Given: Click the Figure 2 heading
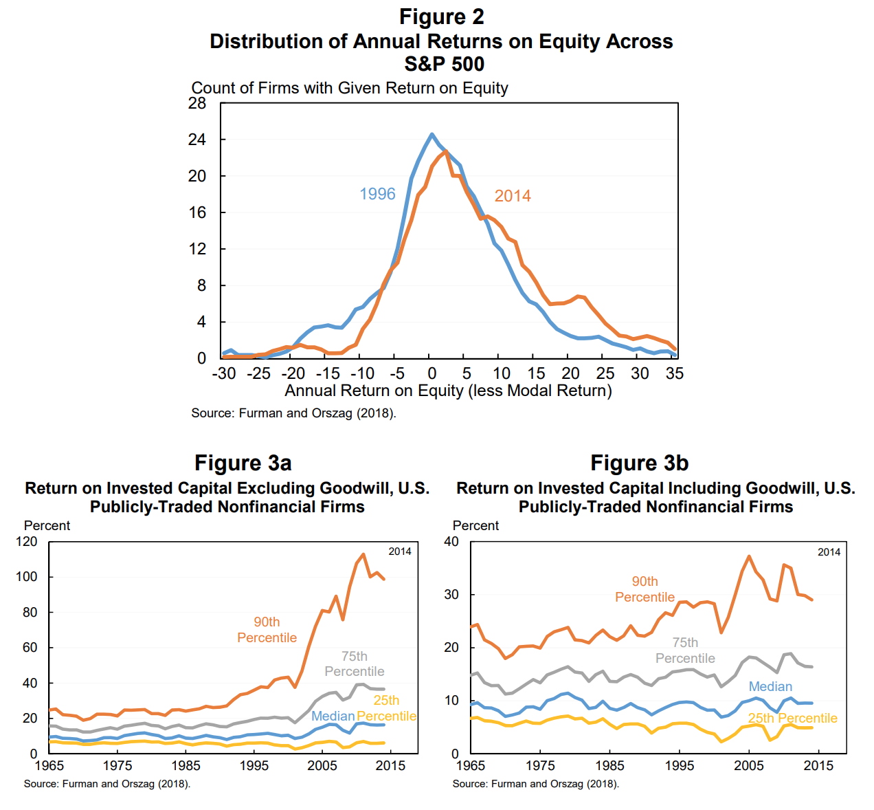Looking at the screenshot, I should coord(441,17).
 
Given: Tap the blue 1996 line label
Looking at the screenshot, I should coord(377,194).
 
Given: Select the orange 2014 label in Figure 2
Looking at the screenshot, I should coord(513,196).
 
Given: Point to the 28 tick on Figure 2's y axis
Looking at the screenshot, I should coord(197,103).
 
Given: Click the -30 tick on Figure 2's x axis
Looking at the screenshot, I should coord(223,373).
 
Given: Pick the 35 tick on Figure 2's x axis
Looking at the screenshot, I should coord(675,373).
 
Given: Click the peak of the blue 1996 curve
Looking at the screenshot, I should coord(432,134).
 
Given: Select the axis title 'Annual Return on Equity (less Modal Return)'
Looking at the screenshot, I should coord(448,391).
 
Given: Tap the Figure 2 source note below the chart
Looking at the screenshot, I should coord(293,413).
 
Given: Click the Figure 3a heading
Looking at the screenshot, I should coord(243,463).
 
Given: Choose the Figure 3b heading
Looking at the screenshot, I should coord(639,463).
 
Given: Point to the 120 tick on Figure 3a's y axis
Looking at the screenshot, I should coord(27,542).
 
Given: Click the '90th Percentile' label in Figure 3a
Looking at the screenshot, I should coord(267,630).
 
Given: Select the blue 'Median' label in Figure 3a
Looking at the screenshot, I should coord(333,716).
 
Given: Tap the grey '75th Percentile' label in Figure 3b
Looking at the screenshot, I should coord(685,650).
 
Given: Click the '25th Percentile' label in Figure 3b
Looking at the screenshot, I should coord(792,718).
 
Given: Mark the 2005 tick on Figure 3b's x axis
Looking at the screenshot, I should coord(748,765).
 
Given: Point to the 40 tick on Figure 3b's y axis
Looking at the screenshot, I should coord(451,542).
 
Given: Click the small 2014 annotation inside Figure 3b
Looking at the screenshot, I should coord(829,552).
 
